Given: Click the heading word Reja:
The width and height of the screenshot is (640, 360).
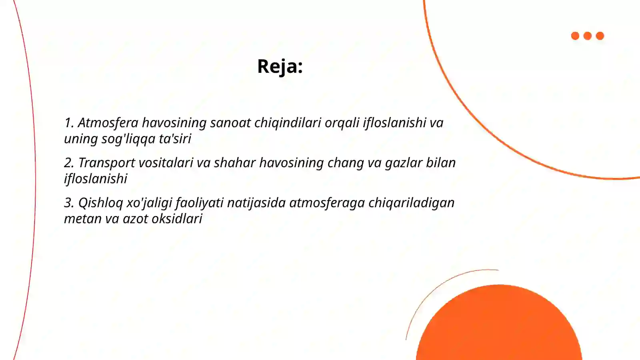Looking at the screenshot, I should coord(280,66).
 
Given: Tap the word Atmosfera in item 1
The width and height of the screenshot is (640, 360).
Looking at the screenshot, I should coord(108,123).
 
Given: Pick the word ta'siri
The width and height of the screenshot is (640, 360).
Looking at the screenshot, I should coord(175,139).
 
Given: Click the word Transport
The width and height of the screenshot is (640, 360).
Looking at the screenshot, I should coord(106,163).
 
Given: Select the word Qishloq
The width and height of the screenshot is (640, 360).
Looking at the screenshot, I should coord(100,203).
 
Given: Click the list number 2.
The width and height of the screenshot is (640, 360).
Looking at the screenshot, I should coord(68,163).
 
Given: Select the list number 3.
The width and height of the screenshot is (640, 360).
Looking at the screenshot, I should coord(68,203).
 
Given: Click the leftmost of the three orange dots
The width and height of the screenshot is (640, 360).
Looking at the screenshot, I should coord(575,36).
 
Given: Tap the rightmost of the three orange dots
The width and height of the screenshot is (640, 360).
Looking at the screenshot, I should coord(600,36).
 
